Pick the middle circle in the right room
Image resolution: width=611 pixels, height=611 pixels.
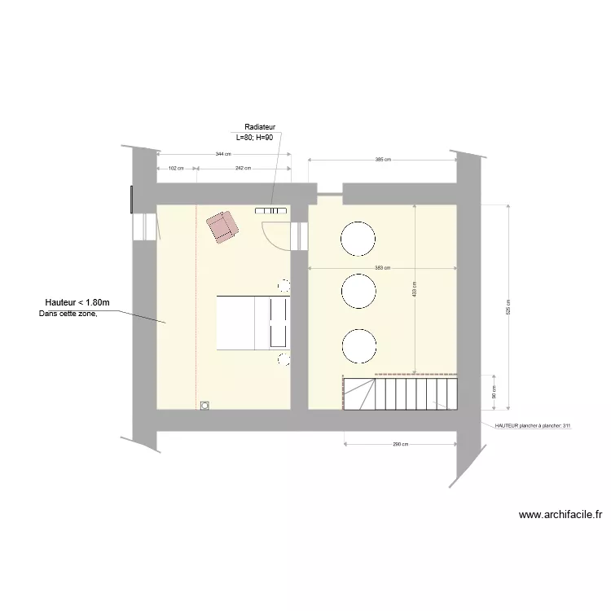coord(358,292)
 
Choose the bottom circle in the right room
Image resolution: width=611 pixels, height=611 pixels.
coord(358,345)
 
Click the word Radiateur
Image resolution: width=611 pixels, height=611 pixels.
coord(260,127)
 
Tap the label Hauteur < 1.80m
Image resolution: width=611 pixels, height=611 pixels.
coord(77,303)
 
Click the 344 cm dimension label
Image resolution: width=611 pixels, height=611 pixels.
coord(222,154)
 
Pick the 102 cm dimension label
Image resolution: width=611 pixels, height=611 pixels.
coord(175,168)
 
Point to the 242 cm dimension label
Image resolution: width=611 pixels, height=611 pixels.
coord(243,168)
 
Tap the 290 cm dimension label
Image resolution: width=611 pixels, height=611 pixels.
coord(399,444)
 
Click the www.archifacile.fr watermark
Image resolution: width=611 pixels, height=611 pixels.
coord(560,515)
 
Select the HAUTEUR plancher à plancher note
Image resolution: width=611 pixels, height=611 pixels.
coord(534,425)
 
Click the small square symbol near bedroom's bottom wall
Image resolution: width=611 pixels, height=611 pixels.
coord(204,404)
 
